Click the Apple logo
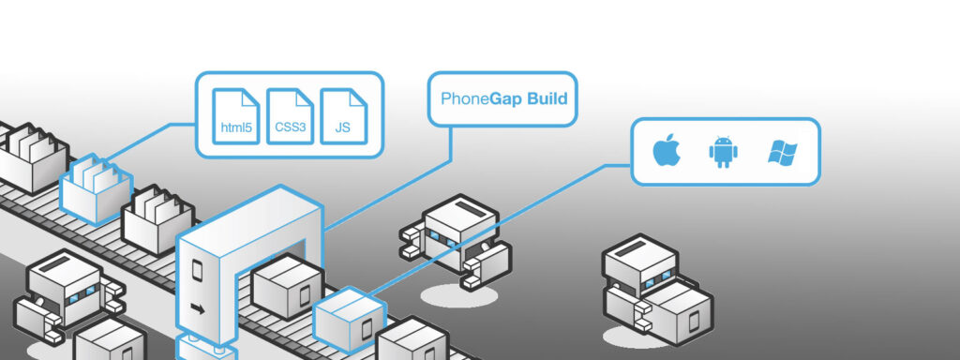[x=666, y=151]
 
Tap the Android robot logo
[x=721, y=151]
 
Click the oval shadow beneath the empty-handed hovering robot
[x=458, y=296]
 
